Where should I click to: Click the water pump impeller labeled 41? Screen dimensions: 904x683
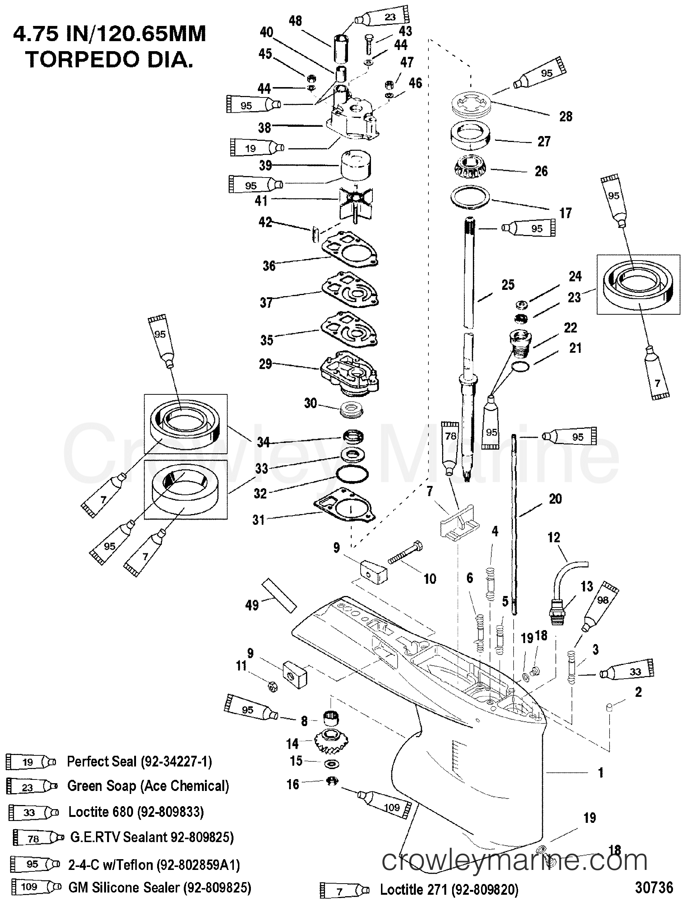355,203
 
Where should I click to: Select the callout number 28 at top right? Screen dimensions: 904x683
566,116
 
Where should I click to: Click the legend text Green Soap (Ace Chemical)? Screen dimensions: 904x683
147,786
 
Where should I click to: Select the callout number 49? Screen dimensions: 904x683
252,605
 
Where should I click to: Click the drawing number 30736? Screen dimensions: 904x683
654,887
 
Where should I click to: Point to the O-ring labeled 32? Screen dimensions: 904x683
352,474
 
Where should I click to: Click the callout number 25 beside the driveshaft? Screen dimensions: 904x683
508,285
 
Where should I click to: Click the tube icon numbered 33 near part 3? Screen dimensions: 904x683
627,672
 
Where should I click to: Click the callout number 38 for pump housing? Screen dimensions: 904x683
265,128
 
